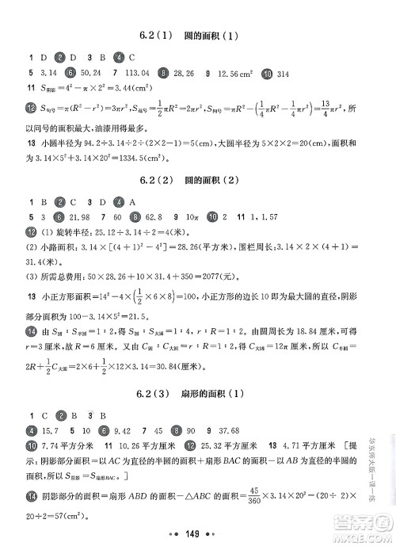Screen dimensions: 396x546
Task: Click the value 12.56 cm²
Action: click(x=234, y=74)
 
